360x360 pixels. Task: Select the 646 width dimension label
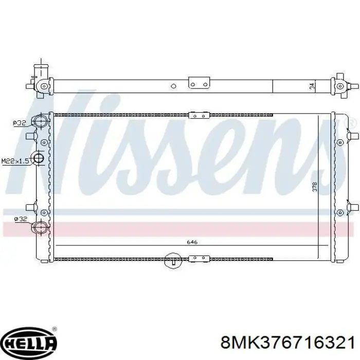tap(192, 242)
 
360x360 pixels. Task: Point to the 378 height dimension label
tap(315, 187)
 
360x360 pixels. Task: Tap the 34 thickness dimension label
tap(312, 86)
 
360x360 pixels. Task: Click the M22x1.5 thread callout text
tap(15, 161)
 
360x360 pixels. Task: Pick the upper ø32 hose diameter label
tap(20, 123)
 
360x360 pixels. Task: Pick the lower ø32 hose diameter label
tap(21, 219)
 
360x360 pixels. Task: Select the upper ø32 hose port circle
tap(41, 121)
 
